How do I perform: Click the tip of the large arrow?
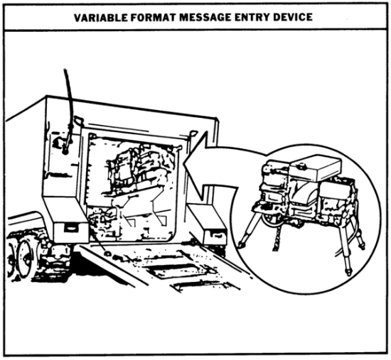pos(184,163)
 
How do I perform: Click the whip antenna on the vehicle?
pos(68,104)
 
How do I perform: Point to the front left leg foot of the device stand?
pos(240,245)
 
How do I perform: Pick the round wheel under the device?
pos(272,220)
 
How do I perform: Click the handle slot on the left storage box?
pos(70,227)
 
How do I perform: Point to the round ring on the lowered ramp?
pos(108,253)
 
